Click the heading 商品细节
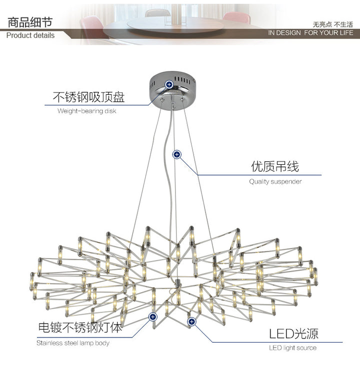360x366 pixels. [x=29, y=23]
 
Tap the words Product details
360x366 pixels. [x=30, y=35]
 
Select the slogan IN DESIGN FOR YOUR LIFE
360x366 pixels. [x=310, y=32]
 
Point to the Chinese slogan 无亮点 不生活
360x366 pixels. [x=333, y=23]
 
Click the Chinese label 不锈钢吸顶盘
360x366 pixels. [x=88, y=97]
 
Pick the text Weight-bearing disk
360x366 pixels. [x=86, y=111]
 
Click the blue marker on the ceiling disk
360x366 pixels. [x=169, y=85]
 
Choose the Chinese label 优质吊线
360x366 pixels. [x=275, y=166]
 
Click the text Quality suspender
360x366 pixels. [x=275, y=182]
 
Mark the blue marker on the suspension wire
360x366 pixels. [x=176, y=154]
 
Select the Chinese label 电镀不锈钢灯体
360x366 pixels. [x=80, y=328]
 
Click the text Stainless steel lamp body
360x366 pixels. [x=73, y=343]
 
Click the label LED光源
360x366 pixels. [x=293, y=334]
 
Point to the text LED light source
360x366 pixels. [x=292, y=348]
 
